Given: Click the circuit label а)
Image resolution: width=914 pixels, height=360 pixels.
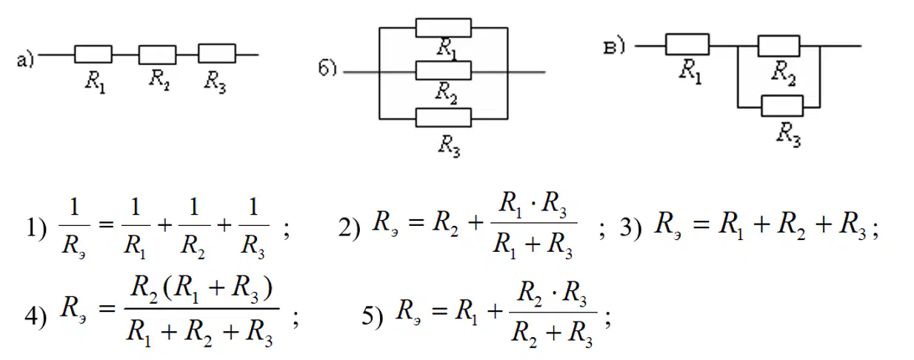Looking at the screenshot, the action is coord(25,60).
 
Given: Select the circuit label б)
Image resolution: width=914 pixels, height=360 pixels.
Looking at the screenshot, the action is coord(327,68).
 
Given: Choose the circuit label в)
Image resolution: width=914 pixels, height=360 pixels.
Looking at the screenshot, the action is coord(614,47).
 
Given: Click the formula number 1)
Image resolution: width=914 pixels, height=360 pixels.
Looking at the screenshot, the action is coord(36,227).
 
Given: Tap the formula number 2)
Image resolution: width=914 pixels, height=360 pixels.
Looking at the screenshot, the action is coord(350,227).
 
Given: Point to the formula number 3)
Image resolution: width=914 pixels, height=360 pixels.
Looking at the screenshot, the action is coord(631,227).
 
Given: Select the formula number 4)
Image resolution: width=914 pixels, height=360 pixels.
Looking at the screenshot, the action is coord(36,316).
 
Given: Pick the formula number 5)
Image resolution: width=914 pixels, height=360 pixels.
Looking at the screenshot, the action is coord(373,316).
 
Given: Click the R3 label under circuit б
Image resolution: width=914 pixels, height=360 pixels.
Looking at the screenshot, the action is coord(450,146).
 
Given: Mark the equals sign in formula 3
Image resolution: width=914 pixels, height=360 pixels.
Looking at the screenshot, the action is coord(701,224).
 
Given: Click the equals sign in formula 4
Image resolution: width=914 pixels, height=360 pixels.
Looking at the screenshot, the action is coord(107,309).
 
